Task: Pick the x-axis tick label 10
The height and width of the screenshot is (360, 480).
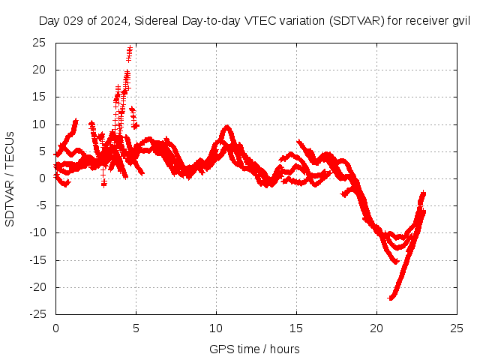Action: (216, 329)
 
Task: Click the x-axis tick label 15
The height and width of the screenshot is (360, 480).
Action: (296, 329)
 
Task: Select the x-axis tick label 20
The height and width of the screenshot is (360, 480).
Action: (376, 329)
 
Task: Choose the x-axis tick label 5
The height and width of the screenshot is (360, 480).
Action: (136, 329)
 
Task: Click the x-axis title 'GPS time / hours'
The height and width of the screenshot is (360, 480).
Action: (256, 349)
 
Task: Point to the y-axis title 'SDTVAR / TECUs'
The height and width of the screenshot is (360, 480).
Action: (10, 178)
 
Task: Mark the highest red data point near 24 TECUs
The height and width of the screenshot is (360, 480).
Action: (130, 49)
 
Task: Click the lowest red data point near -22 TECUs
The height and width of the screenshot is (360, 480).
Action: (391, 298)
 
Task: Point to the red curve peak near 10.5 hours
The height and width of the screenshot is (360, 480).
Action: (226, 127)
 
